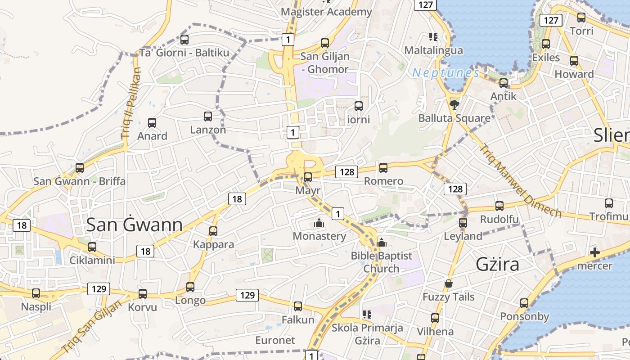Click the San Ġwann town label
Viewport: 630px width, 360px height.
point(134,225)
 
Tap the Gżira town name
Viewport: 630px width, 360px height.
point(498,264)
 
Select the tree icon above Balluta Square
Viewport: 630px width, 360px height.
point(454,105)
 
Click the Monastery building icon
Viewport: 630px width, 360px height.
point(319,223)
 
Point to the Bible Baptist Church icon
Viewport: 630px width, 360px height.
point(382,243)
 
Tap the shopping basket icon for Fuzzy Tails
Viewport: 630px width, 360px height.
point(449,283)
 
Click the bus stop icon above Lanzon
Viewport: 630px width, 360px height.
point(208,117)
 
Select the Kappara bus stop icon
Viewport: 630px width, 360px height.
point(213,231)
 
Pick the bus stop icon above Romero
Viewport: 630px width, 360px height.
point(383,168)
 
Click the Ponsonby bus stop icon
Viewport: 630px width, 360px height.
point(524,303)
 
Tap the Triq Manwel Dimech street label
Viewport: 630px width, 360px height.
point(520,180)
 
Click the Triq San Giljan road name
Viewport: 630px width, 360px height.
point(92,327)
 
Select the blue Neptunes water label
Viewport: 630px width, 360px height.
point(445,72)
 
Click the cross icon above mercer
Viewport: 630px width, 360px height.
point(595,252)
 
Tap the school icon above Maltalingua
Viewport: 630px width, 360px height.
point(433,37)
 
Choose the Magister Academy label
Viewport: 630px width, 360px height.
point(326,12)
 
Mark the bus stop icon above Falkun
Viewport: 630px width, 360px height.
point(298,306)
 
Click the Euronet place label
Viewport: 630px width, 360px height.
point(275,340)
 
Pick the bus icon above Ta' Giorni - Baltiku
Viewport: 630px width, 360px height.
point(184,40)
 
